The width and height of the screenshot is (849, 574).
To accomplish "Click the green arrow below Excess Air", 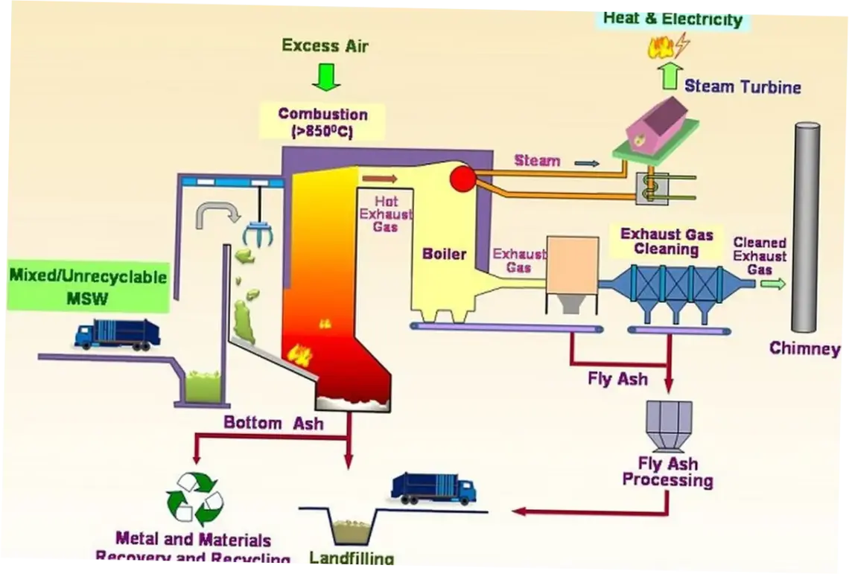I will (x=325, y=76).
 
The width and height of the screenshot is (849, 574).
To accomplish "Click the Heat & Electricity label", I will (x=672, y=18).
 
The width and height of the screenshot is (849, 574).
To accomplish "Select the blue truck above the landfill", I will (x=433, y=488).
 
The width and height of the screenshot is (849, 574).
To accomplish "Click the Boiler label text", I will (x=444, y=254).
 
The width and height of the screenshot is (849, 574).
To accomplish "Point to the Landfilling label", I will (x=352, y=558).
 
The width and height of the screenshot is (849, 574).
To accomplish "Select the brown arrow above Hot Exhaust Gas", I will (x=379, y=179).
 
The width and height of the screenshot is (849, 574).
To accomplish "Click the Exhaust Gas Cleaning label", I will (x=667, y=242).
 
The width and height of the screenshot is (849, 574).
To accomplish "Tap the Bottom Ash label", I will (x=273, y=423).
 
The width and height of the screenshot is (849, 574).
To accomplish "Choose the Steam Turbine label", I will (x=742, y=86).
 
